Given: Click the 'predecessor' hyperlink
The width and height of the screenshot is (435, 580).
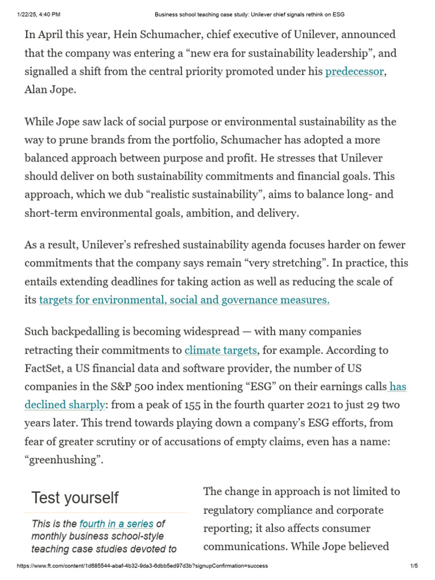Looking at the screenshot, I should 354,72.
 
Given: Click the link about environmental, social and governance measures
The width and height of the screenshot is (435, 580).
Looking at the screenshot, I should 184,300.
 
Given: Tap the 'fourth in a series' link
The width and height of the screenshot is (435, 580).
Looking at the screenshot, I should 116,524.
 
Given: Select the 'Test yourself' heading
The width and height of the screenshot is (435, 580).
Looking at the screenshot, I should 75,498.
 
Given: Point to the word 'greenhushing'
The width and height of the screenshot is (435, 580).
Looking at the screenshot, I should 63,459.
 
